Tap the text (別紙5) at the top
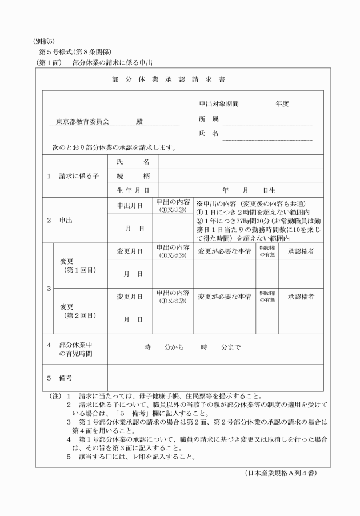click(x=43, y=41)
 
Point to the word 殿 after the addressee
click(x=139, y=122)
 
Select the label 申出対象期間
click(x=218, y=104)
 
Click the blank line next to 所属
click(x=267, y=122)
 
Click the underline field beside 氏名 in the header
click(x=267, y=136)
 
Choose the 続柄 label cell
click(x=133, y=177)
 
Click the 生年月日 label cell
click(x=133, y=190)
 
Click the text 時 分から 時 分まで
click(x=192, y=347)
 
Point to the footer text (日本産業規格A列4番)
click(x=279, y=473)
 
